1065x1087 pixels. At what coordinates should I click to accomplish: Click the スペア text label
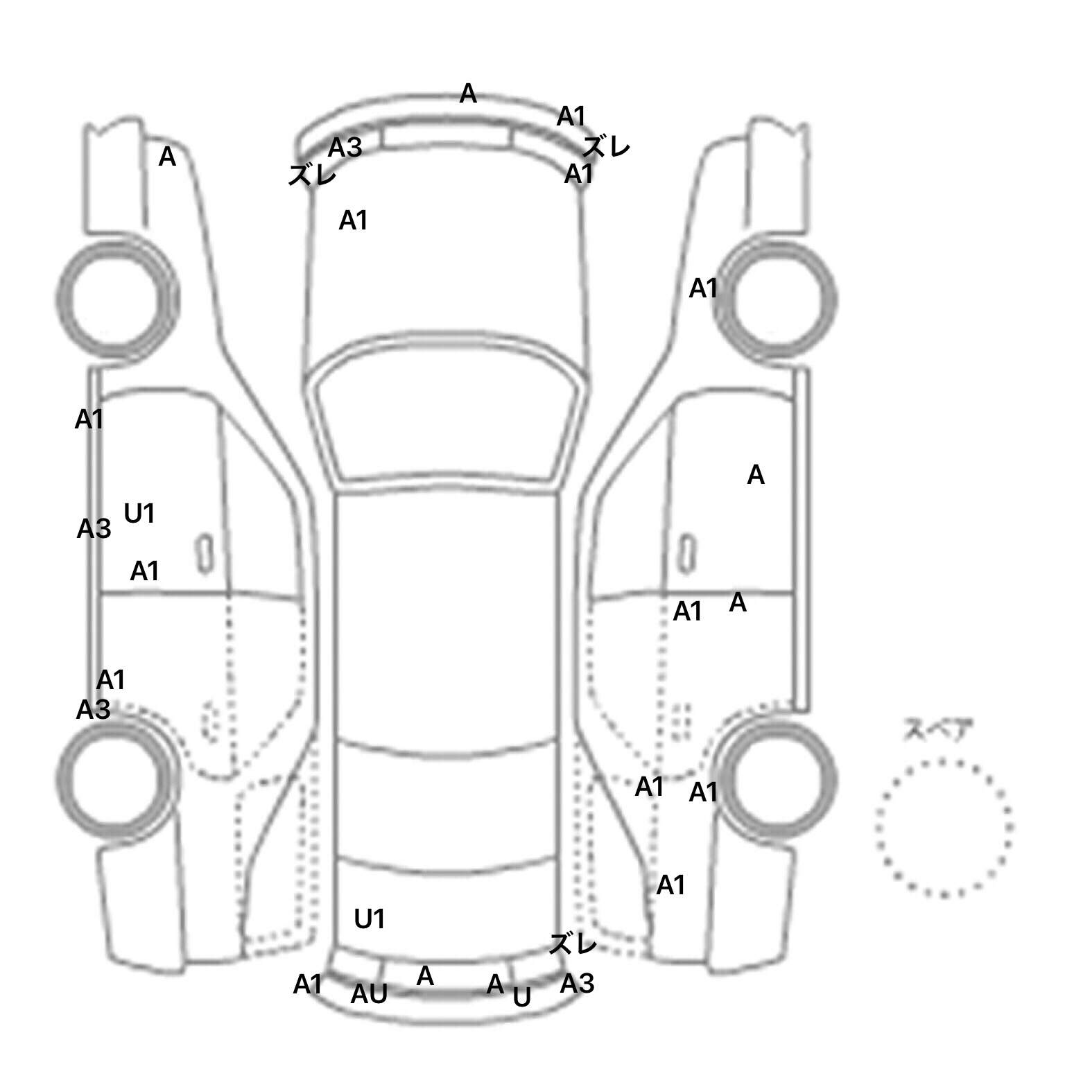coord(937,730)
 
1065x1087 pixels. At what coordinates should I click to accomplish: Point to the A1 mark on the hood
coord(353,220)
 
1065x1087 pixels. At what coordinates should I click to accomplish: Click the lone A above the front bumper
coord(468,93)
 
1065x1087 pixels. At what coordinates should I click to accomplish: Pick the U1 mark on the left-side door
coord(139,514)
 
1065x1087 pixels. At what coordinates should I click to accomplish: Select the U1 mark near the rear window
coord(370,919)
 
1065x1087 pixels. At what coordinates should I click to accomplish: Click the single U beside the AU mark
coord(522,997)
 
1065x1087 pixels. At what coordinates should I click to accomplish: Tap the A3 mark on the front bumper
coord(345,147)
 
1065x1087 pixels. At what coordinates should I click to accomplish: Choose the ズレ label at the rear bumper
coord(573,943)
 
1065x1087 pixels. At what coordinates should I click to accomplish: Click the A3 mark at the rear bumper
coord(578,983)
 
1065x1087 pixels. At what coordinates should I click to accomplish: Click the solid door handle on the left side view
coord(205,554)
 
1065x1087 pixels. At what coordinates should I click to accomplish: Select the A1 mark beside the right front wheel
coord(703,288)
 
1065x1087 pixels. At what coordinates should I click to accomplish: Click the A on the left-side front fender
coord(167,157)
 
